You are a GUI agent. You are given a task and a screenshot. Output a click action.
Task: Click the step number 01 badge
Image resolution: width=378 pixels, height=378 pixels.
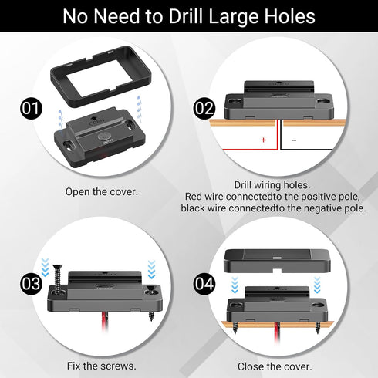pyautogui.click(x=31, y=108)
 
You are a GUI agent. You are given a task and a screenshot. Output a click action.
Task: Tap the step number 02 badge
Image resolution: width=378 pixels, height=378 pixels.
pyautogui.click(x=204, y=108)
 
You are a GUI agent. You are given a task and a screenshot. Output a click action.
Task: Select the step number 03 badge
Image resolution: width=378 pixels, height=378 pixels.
pyautogui.click(x=31, y=284)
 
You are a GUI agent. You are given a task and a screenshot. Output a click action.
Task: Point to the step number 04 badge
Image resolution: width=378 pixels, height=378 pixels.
pyautogui.click(x=204, y=284)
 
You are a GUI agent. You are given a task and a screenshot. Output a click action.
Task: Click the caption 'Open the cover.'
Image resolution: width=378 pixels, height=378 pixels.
pyautogui.click(x=102, y=192)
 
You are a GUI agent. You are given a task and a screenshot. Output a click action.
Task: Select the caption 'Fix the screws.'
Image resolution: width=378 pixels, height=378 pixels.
pyautogui.click(x=102, y=366)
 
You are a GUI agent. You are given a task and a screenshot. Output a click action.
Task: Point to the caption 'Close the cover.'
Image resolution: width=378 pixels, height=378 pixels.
pyautogui.click(x=275, y=366)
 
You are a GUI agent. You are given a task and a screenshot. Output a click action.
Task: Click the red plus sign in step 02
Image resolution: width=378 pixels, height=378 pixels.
pyautogui.click(x=263, y=140)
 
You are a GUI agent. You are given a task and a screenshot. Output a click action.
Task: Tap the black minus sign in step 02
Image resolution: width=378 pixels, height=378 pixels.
pyautogui.click(x=294, y=140)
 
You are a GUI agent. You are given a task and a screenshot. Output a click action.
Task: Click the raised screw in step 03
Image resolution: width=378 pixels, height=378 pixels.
pyautogui.click(x=59, y=278)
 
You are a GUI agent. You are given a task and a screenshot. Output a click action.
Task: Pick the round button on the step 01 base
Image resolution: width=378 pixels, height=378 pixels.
pyautogui.click(x=105, y=137)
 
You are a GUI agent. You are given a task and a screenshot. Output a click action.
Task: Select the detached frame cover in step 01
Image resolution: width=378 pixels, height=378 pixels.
pyautogui.click(x=101, y=76)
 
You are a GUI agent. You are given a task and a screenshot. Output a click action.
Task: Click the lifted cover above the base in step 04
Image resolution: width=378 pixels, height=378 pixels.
pyautogui.click(x=277, y=261)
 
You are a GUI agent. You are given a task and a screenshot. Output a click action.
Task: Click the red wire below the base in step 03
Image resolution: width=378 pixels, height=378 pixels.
pyautogui.click(x=105, y=322)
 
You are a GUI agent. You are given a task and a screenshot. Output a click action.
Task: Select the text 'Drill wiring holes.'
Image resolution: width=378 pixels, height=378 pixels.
pyautogui.click(x=272, y=185)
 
